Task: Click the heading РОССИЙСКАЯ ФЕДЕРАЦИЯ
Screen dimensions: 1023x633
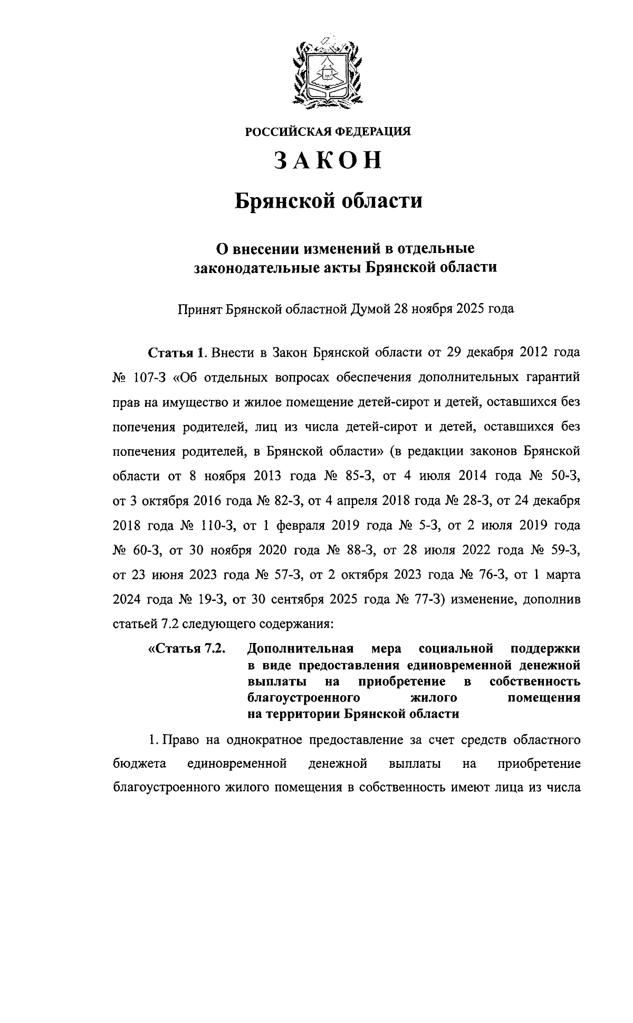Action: (x=327, y=132)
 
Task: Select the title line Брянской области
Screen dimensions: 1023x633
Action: (x=328, y=201)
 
